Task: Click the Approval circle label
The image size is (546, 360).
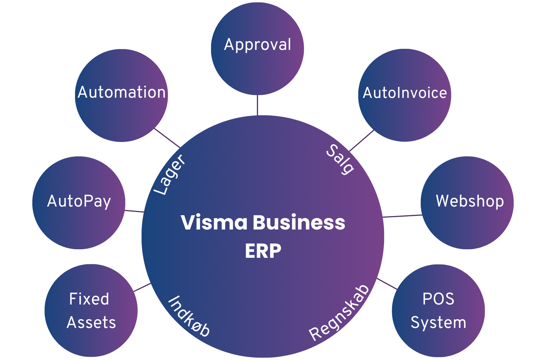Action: [258, 45]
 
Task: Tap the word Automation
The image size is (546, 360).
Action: [122, 92]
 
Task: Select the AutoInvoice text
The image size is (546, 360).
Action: [405, 93]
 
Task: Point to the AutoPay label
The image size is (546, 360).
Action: [79, 201]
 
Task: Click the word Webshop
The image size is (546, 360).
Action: [470, 201]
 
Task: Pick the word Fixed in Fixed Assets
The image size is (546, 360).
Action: [89, 299]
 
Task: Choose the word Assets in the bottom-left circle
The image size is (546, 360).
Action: [91, 322]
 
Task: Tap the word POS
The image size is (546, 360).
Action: [438, 299]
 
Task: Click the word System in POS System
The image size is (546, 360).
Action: [438, 322]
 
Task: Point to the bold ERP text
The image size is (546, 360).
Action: [263, 251]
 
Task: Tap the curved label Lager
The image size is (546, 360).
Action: [169, 175]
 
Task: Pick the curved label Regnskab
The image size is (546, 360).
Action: [339, 313]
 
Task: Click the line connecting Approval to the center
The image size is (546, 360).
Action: [258, 105]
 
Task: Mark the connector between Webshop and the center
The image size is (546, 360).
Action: [402, 216]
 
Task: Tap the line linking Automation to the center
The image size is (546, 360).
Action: [167, 138]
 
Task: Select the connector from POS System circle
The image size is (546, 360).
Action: [387, 284]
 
